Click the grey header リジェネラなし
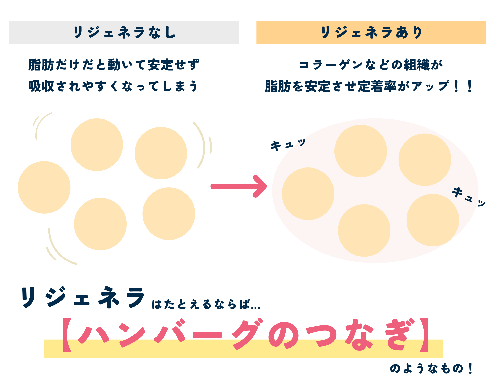(124, 32)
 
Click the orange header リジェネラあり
(371, 32)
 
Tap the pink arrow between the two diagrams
(239, 186)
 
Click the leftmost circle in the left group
(44, 187)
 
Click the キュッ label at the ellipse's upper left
(288, 145)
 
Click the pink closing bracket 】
(424, 335)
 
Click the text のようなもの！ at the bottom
(431, 368)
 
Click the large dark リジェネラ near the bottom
(83, 297)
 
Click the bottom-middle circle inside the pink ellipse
(364, 230)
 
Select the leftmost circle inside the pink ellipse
(308, 194)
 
